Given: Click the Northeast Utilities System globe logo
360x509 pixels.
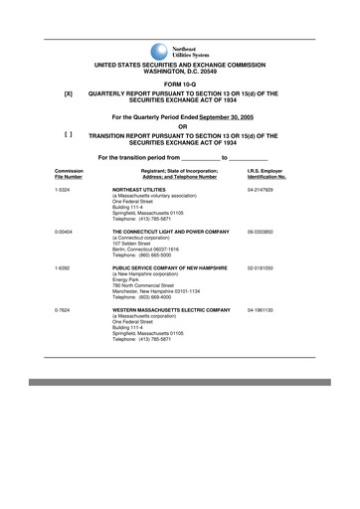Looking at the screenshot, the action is (x=159, y=52).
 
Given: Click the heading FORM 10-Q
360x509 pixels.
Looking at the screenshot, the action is (x=180, y=83).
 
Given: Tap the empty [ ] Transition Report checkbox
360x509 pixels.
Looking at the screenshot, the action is (x=68, y=133).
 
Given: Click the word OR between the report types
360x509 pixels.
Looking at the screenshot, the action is (x=180, y=124).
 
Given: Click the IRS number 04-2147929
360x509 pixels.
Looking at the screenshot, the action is (x=262, y=188).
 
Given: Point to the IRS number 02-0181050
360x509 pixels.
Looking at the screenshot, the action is (x=262, y=268).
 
